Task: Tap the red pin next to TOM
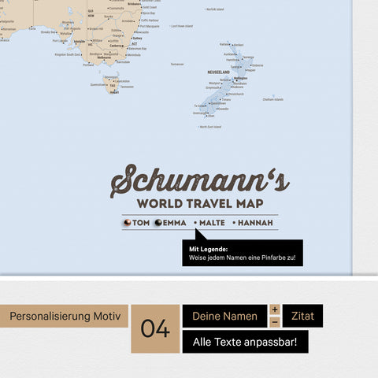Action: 127,223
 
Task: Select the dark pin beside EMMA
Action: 157,223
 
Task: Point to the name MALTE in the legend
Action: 212,223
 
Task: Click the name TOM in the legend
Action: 141,223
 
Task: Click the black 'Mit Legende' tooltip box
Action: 242,253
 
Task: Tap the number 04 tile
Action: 155,328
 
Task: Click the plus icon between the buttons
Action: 275,309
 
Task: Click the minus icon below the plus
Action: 275,322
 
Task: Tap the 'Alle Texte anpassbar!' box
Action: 245,342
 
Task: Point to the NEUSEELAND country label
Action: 218,72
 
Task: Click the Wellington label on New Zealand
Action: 241,79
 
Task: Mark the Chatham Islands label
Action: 273,99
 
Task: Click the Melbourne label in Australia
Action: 103,57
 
